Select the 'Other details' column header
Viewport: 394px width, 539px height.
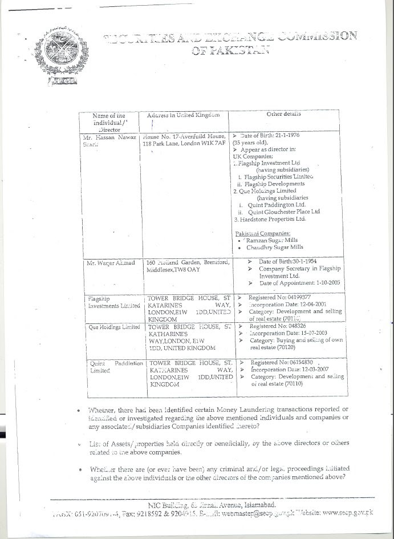tap(284, 114)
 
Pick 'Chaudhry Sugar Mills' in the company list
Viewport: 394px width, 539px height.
tap(275, 248)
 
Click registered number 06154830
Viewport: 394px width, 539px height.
tap(294, 363)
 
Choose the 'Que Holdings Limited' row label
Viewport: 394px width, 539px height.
tap(113, 327)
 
